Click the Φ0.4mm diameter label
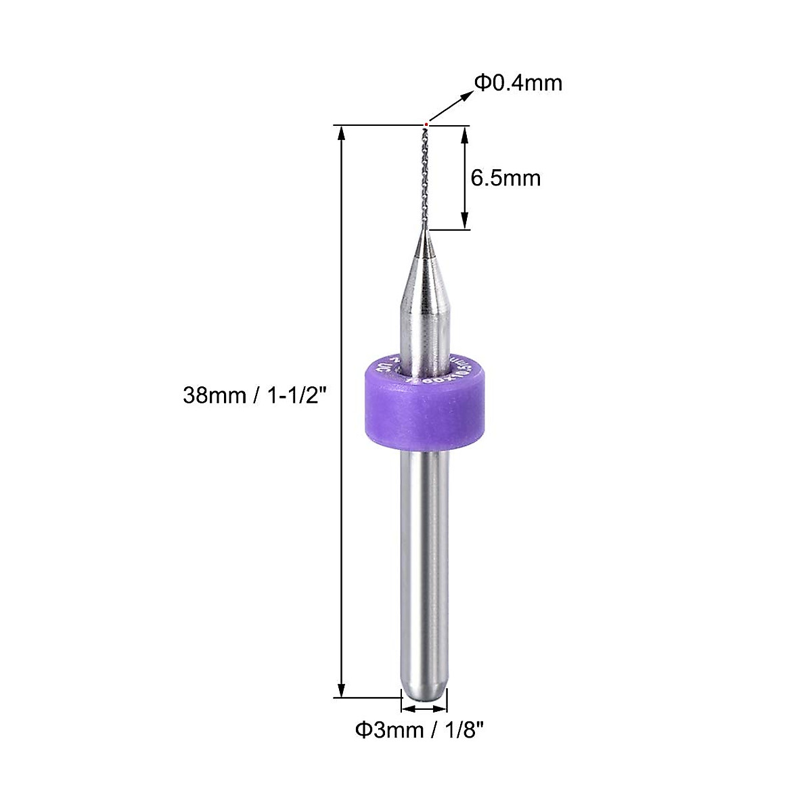[518, 83]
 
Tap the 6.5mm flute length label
[505, 178]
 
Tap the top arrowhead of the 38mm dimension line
[342, 133]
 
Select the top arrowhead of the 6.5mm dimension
[465, 133]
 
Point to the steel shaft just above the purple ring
[424, 338]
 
